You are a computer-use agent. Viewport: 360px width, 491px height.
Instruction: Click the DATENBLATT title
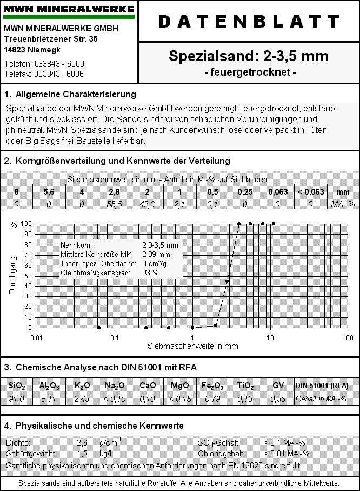tap(249, 21)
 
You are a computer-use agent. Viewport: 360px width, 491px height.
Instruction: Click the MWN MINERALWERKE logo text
tap(69, 9)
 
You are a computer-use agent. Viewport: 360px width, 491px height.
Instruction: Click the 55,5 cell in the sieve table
tap(115, 204)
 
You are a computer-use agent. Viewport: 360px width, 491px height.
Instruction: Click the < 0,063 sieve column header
tap(311, 192)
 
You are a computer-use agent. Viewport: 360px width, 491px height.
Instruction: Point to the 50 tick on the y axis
tap(27, 276)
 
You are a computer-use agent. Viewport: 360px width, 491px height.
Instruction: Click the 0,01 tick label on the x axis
tap(36, 338)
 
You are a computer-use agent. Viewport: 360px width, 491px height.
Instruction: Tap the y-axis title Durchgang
tap(12, 276)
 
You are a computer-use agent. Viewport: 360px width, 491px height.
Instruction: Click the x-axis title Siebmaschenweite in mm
tap(192, 346)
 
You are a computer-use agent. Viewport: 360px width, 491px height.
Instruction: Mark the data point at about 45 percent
tap(227, 281)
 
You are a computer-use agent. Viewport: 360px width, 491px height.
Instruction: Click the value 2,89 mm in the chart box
tap(156, 254)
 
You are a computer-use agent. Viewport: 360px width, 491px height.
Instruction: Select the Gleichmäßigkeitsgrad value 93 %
tap(150, 273)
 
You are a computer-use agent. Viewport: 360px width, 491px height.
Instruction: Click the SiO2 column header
tap(17, 386)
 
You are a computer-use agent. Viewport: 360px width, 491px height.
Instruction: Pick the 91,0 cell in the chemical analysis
tap(17, 399)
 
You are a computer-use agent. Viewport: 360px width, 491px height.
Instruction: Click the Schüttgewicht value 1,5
tap(82, 453)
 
